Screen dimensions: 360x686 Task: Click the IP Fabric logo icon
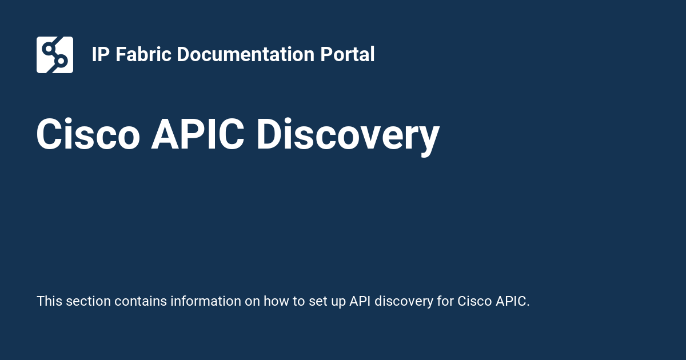tap(55, 55)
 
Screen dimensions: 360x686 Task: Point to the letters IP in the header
tap(101, 55)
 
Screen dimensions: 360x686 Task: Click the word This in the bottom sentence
tap(50, 301)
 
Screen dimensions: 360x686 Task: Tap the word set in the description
tap(317, 301)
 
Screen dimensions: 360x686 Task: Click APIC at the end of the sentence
tap(510, 301)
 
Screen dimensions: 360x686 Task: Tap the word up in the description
tap(338, 301)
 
